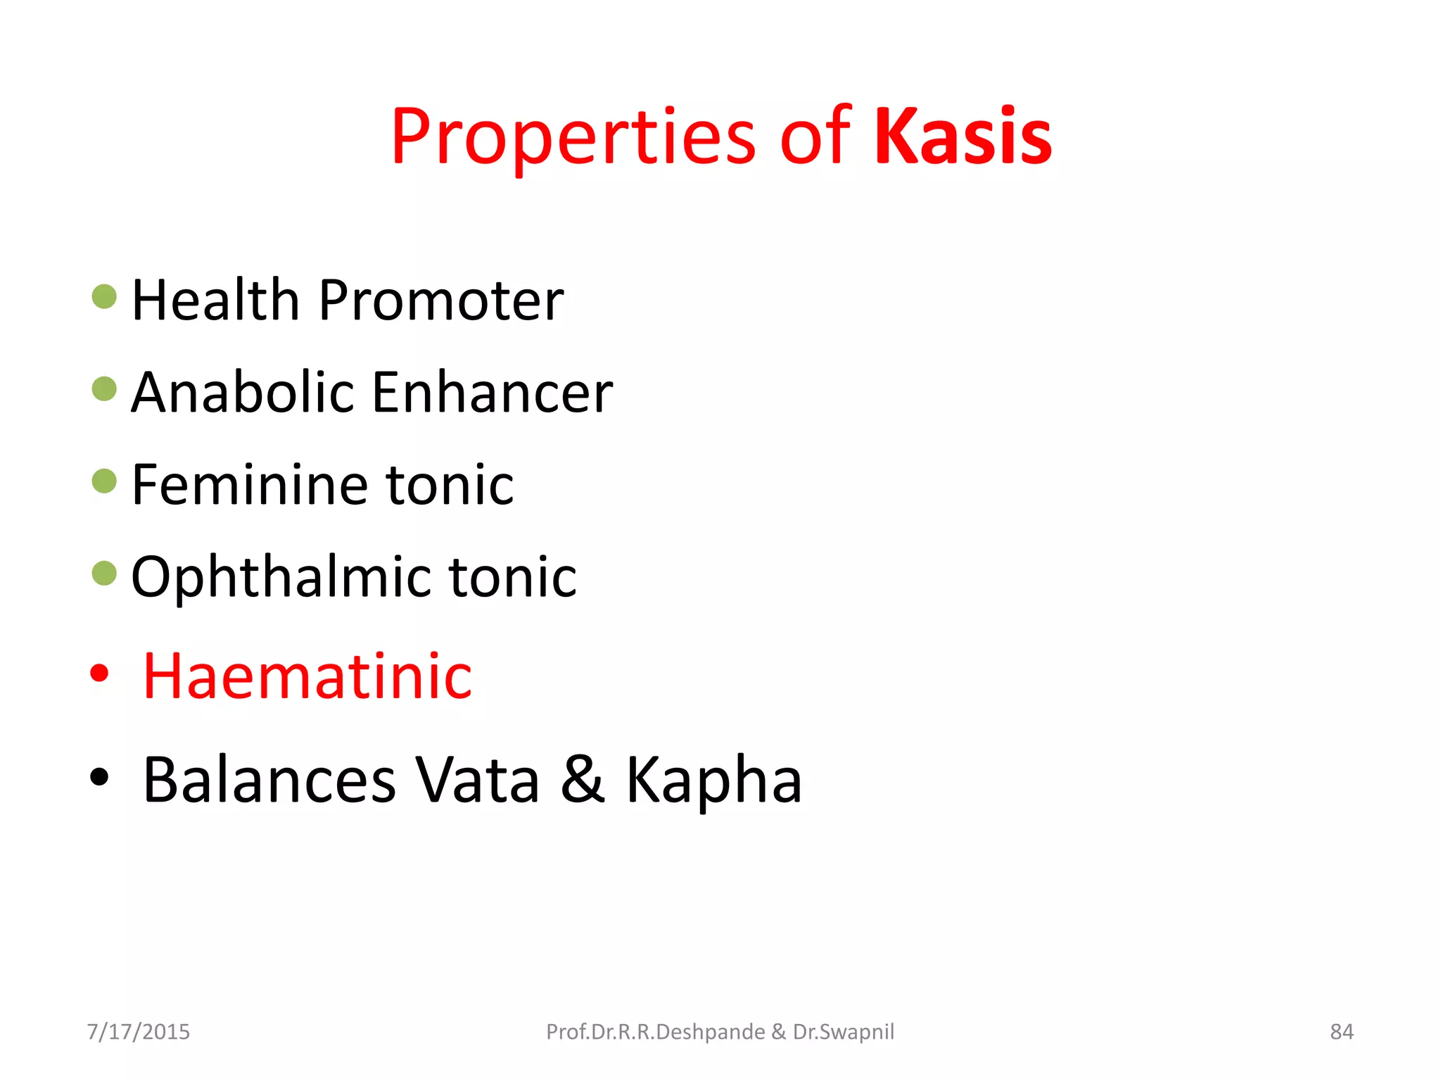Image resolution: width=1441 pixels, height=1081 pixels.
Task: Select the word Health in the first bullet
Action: pos(216,300)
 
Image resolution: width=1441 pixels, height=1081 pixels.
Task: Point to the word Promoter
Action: pos(441,300)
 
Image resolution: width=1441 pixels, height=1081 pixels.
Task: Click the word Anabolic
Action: pos(243,392)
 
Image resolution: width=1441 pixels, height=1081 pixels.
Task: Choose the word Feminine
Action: pos(249,485)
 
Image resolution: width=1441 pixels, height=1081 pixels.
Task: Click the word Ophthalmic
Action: pos(281,577)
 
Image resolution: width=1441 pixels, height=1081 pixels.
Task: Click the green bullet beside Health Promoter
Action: pos(104,296)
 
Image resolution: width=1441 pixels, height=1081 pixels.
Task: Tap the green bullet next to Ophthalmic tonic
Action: pos(104,573)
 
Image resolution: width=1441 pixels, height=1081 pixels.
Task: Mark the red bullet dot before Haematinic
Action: pos(100,674)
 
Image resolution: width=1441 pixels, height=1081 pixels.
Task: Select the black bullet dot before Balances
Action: pos(100,777)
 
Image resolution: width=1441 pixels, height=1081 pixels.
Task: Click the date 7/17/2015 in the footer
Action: pos(139,1032)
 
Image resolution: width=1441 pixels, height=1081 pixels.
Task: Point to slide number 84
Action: pos(1342,1032)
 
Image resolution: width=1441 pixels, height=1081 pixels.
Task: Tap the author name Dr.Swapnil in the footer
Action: pos(844,1032)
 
